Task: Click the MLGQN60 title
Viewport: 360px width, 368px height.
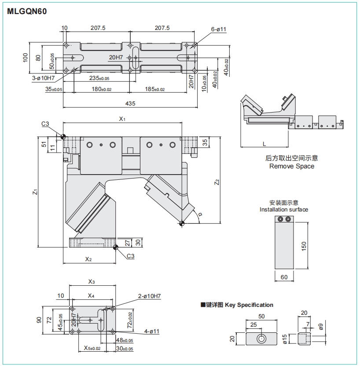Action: click(x=27, y=11)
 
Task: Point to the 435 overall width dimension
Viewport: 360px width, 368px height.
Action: click(x=130, y=103)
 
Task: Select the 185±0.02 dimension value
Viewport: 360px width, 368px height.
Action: click(x=154, y=89)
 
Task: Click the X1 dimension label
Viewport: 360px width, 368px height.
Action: click(x=122, y=119)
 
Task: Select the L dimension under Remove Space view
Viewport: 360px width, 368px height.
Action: click(x=264, y=144)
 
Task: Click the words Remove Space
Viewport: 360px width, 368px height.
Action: click(x=292, y=166)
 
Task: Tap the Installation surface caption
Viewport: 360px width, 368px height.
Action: click(x=284, y=209)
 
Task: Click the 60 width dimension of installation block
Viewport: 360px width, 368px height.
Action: click(x=284, y=277)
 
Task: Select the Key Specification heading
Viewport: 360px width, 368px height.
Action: click(x=249, y=305)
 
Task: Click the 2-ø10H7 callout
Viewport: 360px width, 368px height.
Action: click(x=149, y=296)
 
